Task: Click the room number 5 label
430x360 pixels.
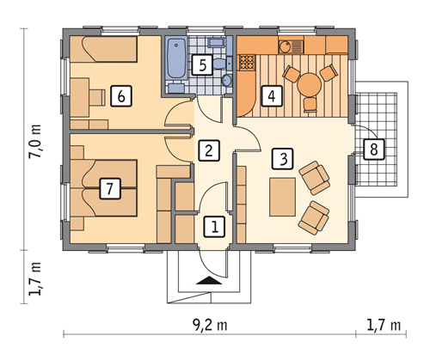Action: (x=202, y=64)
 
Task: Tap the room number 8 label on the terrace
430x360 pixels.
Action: (x=374, y=149)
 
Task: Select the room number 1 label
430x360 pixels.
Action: (x=214, y=227)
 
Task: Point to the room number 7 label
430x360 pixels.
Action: (x=110, y=188)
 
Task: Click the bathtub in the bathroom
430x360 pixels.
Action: (x=176, y=58)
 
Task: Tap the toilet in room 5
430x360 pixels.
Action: (x=219, y=63)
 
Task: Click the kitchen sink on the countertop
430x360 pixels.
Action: (x=290, y=46)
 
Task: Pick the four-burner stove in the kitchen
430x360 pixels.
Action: (x=245, y=62)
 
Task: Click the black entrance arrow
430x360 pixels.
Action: (x=209, y=280)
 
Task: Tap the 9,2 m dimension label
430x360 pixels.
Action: (x=210, y=325)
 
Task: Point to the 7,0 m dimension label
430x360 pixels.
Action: (x=36, y=141)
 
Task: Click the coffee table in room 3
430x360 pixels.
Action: (x=283, y=197)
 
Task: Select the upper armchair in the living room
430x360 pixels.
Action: (x=314, y=178)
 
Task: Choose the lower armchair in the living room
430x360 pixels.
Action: (x=314, y=218)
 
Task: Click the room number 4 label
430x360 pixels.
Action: (x=272, y=96)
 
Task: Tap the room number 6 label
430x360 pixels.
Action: (x=121, y=96)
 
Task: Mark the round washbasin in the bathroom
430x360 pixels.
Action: (x=227, y=80)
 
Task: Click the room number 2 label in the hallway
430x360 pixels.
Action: (x=209, y=150)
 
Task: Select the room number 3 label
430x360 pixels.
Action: (x=283, y=158)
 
